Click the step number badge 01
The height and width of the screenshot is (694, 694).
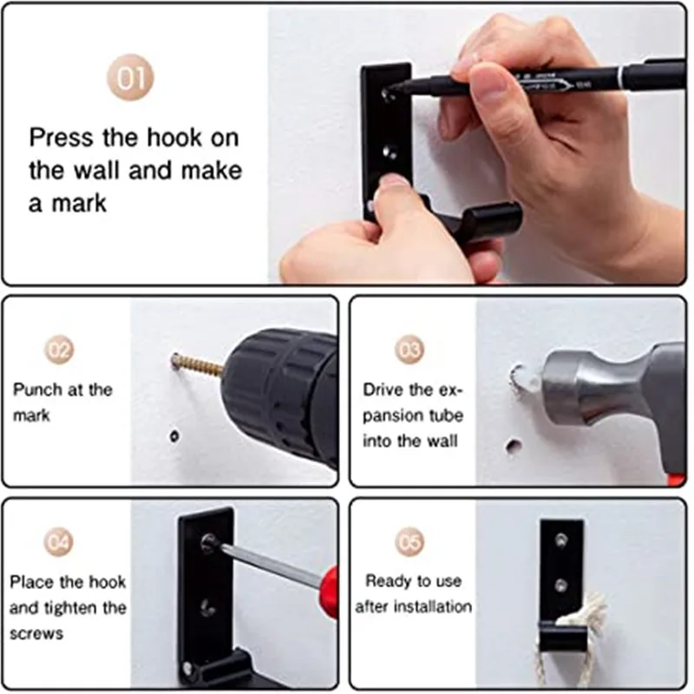[x=130, y=77]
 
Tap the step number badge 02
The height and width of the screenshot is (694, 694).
[x=59, y=350]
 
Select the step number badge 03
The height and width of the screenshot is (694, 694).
[x=409, y=350]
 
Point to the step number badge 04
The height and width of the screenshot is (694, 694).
[x=58, y=542]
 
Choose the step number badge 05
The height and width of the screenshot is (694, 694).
[x=409, y=542]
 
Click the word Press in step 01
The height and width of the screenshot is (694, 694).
[x=62, y=138]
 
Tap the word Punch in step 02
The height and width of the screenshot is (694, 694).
[x=37, y=390]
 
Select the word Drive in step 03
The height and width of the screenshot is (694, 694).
[x=383, y=390]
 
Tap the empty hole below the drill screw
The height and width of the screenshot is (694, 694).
[x=174, y=436]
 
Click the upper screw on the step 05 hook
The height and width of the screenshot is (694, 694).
[x=561, y=540]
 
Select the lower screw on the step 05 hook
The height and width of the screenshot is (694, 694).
[x=561, y=586]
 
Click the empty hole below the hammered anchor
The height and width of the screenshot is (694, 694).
[x=513, y=446]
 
